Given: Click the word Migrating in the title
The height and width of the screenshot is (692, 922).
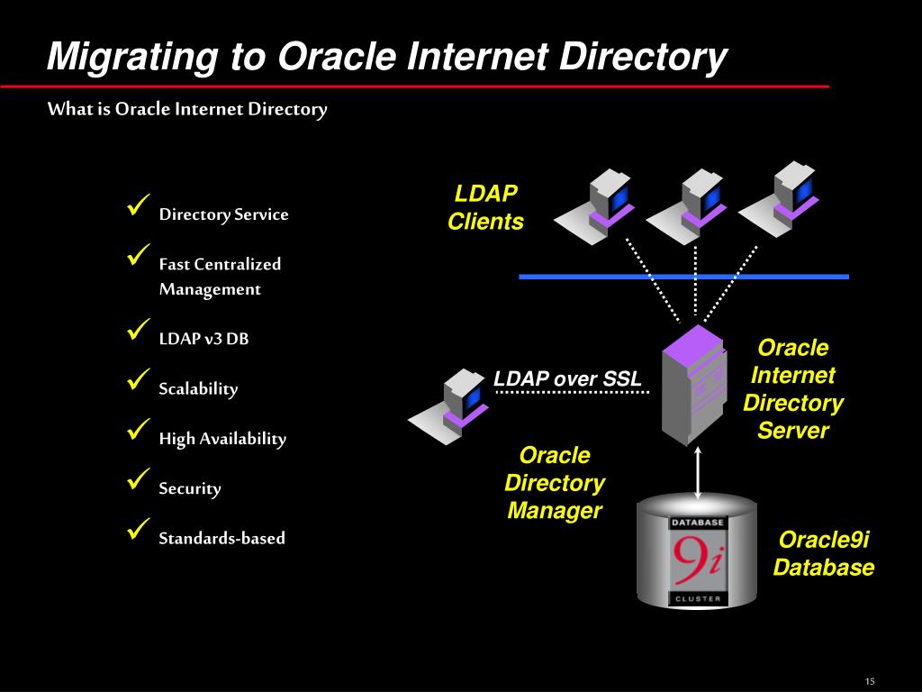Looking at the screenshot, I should [131, 57].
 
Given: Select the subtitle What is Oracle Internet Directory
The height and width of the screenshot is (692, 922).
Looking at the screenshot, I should [187, 109].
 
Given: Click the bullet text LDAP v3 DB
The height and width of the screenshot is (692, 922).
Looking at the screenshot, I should [203, 339].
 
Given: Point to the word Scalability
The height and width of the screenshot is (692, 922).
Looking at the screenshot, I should [198, 389].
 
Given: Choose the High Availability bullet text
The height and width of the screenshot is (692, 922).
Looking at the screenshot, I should [222, 439].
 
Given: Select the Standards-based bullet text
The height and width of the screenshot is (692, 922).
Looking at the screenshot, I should [221, 538].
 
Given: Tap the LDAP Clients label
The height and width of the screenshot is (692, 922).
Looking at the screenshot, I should [485, 208].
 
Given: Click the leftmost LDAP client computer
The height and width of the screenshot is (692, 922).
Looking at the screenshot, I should [594, 208].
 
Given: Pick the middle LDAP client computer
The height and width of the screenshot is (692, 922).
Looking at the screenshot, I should [686, 208].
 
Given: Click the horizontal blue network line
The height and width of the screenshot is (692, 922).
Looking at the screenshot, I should [684, 277].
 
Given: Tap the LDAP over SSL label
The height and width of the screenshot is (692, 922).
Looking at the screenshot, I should [567, 379].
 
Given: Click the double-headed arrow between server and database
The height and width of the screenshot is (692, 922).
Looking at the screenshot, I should [700, 473].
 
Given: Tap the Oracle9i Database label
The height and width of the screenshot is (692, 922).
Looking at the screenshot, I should [824, 553].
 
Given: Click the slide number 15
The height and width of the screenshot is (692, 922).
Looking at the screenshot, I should [870, 679].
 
